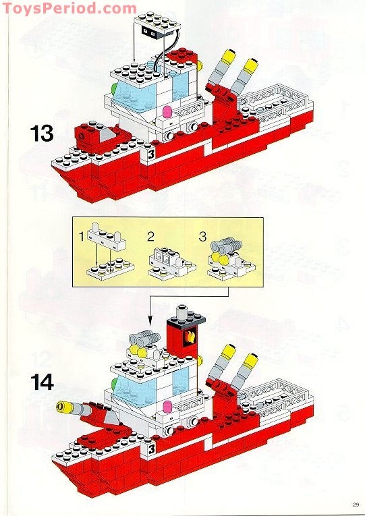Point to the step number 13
coord(41,133)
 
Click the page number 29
coord(355,502)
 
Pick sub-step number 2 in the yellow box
coord(150,237)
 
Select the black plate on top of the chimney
coord(181,314)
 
